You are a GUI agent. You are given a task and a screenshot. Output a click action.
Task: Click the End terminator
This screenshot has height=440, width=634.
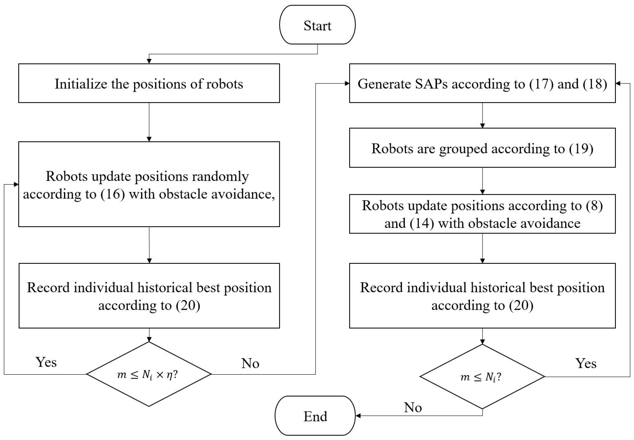click(x=315, y=416)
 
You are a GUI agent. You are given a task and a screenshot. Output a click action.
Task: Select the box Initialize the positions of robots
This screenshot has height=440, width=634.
click(x=149, y=83)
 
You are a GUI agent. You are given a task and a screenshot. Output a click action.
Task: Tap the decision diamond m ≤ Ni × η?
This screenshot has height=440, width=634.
click(x=149, y=374)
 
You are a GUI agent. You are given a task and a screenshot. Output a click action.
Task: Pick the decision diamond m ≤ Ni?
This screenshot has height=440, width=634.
click(x=482, y=376)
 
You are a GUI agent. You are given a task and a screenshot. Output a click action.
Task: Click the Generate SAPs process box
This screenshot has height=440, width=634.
click(x=482, y=83)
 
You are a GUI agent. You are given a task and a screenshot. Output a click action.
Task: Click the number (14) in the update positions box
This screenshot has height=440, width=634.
click(x=421, y=223)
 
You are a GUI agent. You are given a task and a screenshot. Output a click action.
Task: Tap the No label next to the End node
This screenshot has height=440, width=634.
click(x=412, y=408)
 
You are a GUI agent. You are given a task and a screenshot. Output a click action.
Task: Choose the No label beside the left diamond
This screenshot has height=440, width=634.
click(x=250, y=363)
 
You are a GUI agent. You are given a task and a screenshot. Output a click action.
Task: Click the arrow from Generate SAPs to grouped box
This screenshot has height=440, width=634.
click(x=482, y=115)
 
